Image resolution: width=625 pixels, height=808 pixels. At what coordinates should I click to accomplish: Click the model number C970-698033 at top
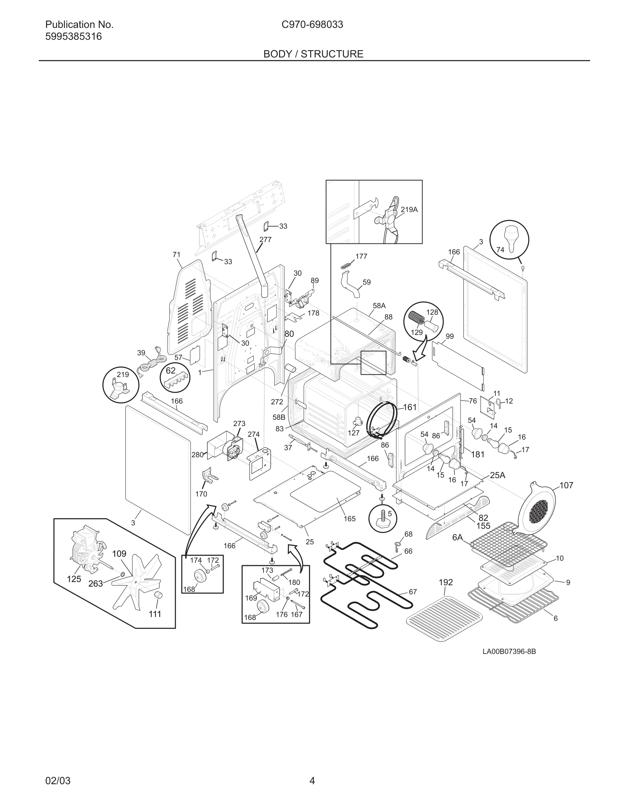312,25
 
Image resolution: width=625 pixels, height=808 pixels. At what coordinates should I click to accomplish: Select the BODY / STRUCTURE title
313,54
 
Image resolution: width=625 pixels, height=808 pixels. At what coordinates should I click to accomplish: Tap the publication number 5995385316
73,37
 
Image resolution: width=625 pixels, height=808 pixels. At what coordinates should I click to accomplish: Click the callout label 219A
409,209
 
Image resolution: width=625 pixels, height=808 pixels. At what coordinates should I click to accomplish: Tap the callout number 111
155,614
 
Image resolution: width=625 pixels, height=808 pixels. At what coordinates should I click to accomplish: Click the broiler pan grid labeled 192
444,618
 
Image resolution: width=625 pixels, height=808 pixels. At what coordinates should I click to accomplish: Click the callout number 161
410,407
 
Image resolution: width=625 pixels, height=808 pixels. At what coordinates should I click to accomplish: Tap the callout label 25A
497,475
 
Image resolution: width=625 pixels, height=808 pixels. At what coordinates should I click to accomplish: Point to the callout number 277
265,239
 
